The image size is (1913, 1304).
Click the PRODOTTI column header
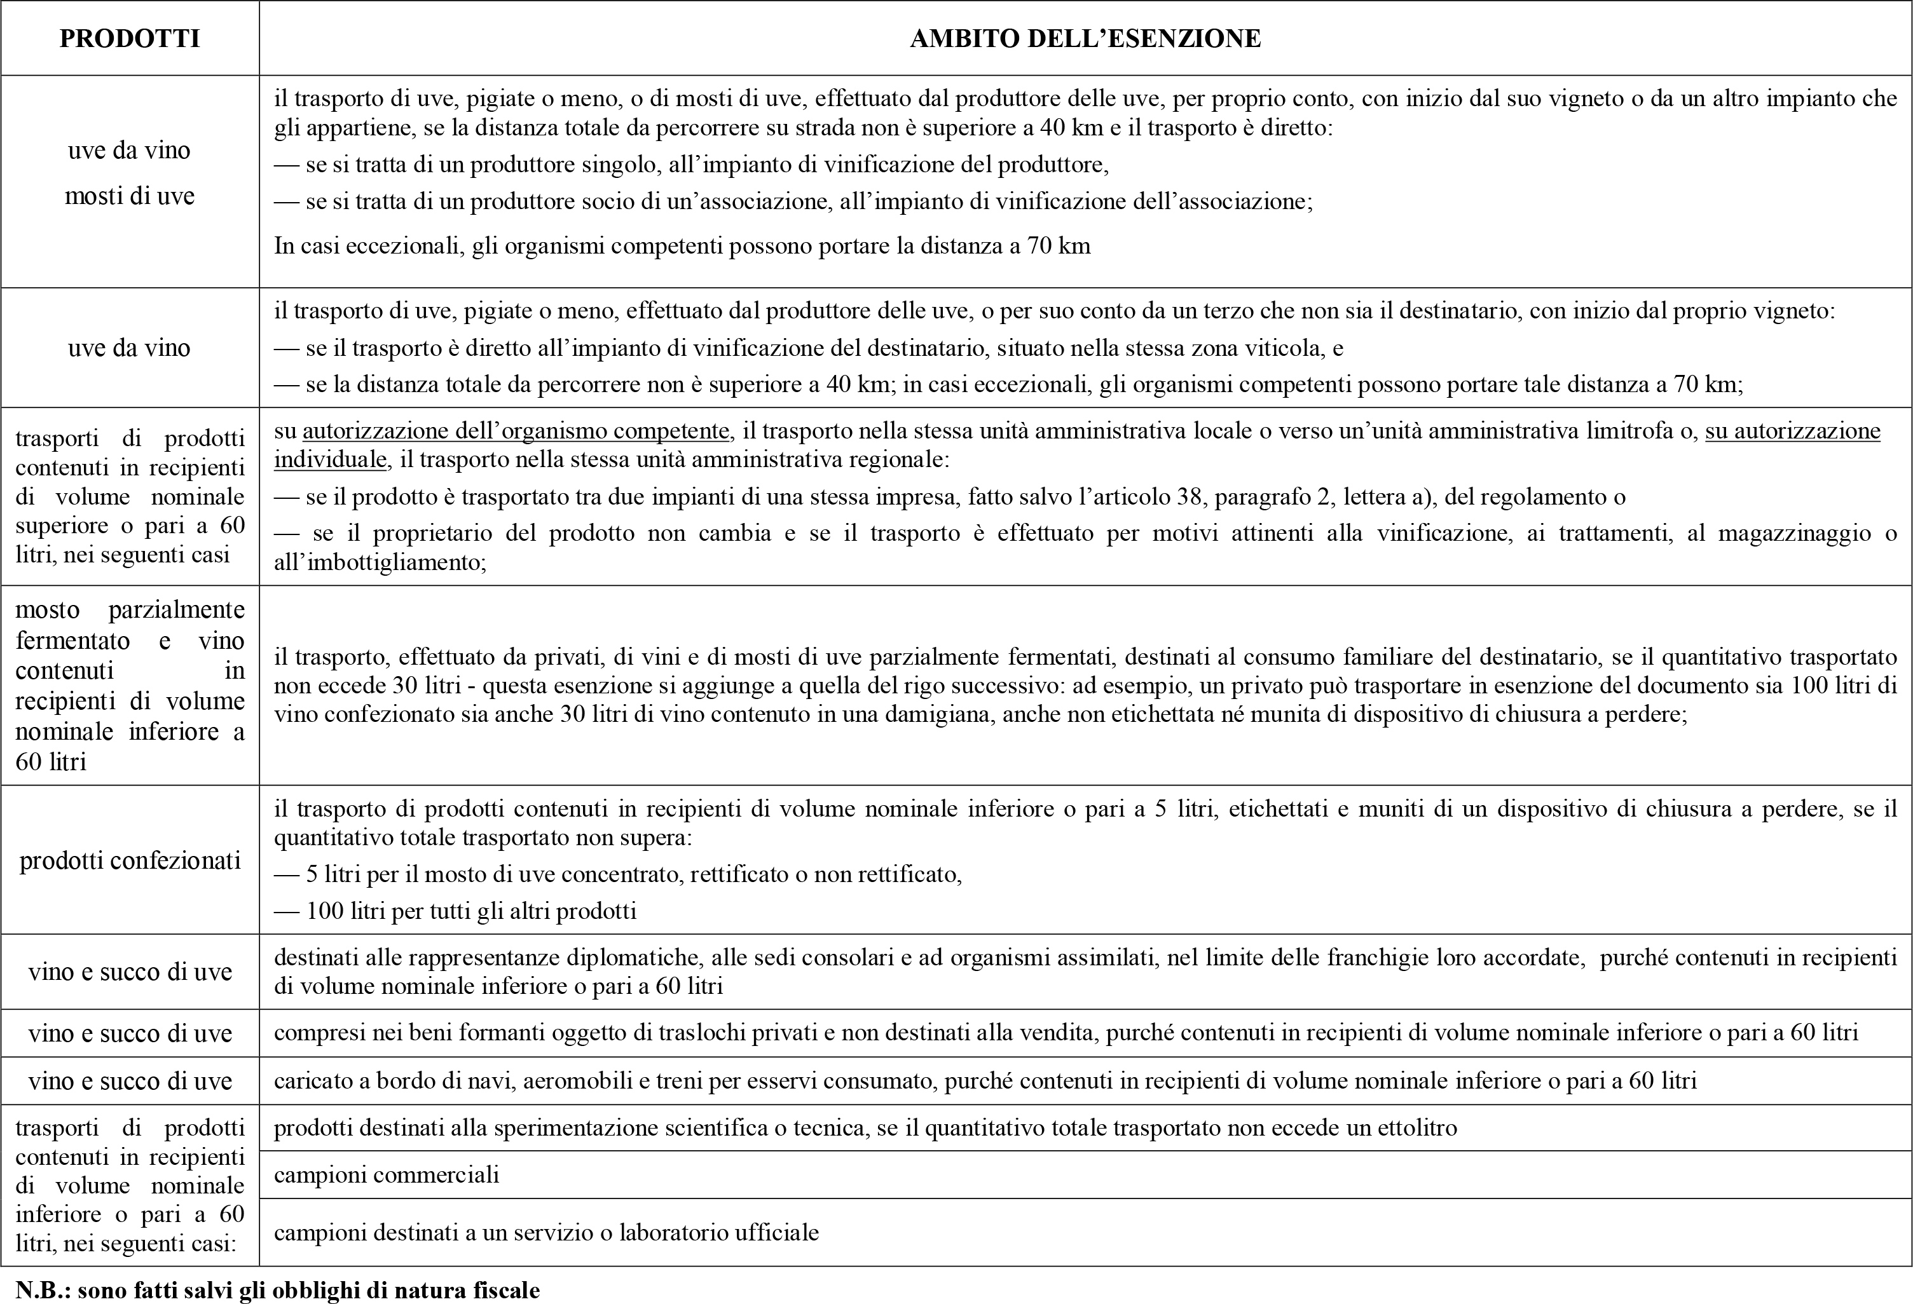(x=130, y=39)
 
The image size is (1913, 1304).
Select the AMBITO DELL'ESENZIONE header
(x=1085, y=39)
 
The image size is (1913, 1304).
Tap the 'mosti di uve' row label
(x=130, y=196)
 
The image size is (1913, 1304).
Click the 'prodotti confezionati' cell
(x=130, y=860)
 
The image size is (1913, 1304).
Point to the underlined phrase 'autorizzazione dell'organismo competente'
(x=516, y=431)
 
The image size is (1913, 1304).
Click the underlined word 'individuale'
(x=330, y=459)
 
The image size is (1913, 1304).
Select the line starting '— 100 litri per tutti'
(x=455, y=911)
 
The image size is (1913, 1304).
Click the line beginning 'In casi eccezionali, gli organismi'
(x=682, y=246)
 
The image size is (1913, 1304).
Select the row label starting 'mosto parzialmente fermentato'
(x=130, y=685)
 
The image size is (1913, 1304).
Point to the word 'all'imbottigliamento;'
(x=380, y=563)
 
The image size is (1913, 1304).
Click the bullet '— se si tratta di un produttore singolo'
(x=692, y=165)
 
